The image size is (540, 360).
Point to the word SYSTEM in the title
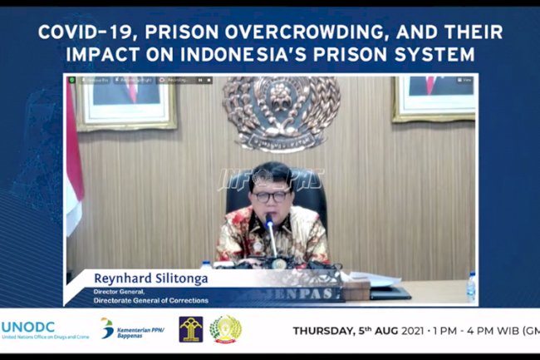point(447,55)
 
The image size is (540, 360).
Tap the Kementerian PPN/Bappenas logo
point(133,329)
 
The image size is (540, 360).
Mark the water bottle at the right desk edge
point(471,287)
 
